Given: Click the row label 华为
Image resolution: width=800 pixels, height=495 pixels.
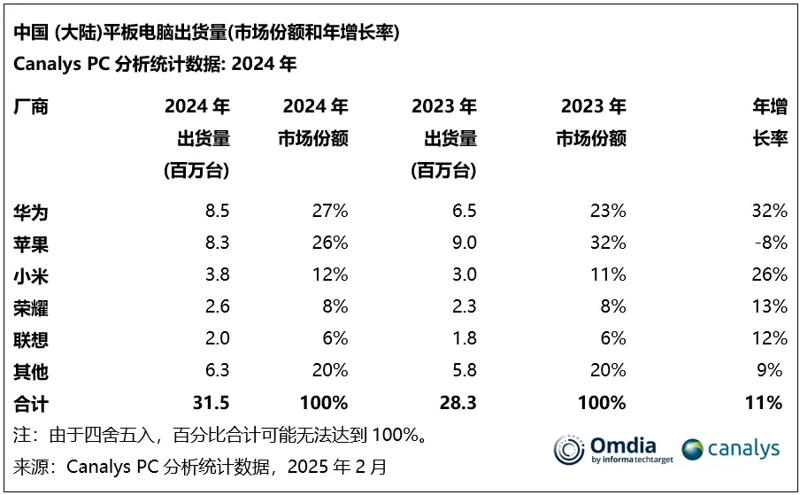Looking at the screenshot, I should (31, 212).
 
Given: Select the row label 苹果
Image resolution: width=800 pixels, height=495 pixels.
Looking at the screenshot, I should (31, 244).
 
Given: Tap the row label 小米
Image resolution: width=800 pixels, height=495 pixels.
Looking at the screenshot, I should (31, 275).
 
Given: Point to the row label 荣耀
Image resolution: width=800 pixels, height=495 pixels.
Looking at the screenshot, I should (31, 307).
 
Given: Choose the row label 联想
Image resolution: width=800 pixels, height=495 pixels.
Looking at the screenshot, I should (31, 339).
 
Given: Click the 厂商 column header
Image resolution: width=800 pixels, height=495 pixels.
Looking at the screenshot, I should (31, 108).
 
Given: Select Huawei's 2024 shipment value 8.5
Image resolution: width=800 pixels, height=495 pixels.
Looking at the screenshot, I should (217, 212).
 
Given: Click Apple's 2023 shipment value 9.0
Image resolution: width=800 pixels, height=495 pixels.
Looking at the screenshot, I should (464, 244).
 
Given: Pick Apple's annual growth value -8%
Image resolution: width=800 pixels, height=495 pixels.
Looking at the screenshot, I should (770, 244).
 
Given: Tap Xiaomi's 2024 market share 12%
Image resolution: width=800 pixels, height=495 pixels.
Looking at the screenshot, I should (329, 275).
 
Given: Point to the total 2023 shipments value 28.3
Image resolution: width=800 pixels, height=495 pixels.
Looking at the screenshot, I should (458, 403).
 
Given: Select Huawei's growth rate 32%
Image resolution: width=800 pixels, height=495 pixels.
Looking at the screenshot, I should (768, 212).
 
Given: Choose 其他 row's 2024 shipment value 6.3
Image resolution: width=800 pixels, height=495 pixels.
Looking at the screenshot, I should (217, 371).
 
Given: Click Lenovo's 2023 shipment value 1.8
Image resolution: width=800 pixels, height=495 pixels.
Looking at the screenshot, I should (464, 339).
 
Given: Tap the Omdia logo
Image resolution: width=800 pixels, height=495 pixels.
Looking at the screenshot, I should (611, 449).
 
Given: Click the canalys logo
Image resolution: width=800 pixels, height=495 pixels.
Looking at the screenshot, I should (731, 449).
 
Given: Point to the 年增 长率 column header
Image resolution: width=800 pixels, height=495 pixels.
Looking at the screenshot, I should (769, 123).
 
